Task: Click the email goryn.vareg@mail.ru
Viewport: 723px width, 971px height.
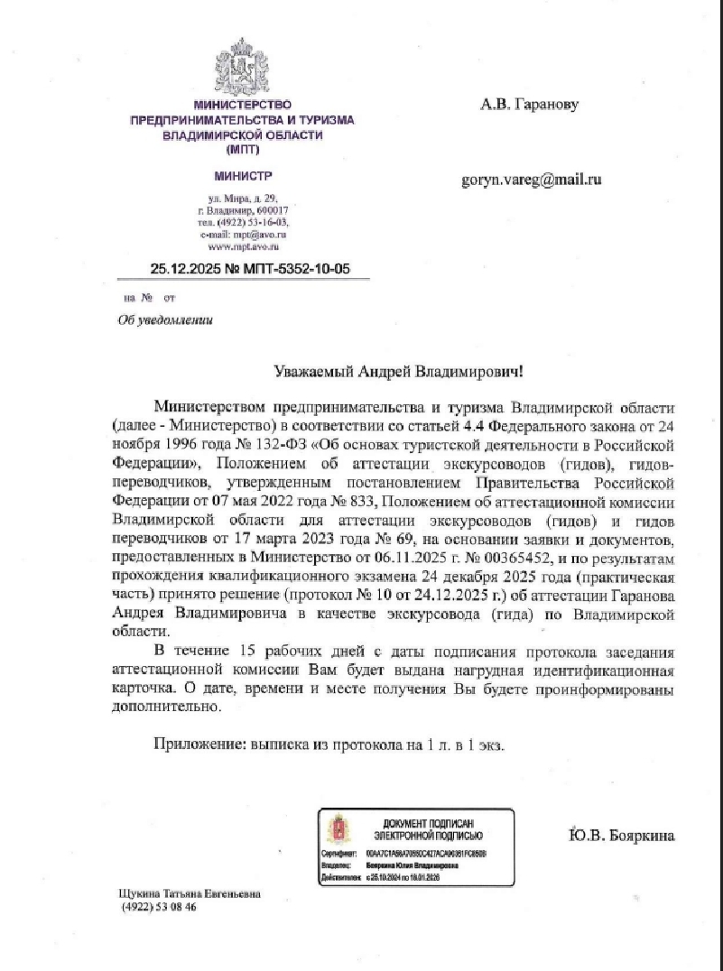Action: point(531,180)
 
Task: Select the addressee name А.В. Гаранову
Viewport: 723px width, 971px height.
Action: point(528,105)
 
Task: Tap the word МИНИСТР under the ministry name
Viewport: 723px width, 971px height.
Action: point(242,175)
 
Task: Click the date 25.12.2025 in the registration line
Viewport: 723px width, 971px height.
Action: point(180,268)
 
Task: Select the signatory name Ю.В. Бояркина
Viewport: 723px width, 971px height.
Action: point(621,835)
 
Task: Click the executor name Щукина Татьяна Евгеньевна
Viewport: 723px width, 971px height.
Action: point(190,893)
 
